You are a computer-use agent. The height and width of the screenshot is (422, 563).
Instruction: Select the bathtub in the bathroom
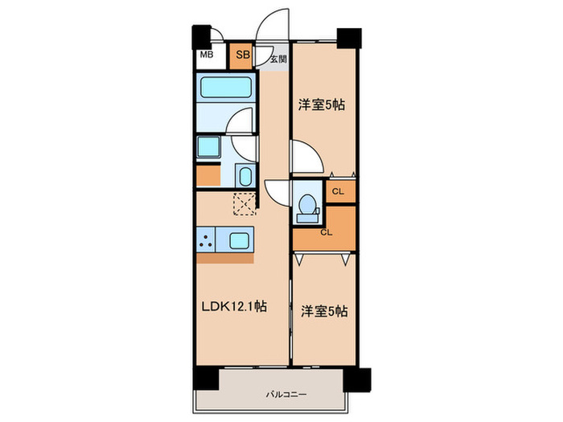point(226,88)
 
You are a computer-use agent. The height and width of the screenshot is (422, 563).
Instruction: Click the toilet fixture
point(306,206)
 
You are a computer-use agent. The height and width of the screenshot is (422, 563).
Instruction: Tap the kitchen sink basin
point(241,240)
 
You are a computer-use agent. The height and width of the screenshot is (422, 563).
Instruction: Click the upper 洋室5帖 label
point(323,104)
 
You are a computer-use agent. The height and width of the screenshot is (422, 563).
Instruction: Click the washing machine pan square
point(209,147)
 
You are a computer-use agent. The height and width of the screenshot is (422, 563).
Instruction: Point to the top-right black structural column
point(349,36)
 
